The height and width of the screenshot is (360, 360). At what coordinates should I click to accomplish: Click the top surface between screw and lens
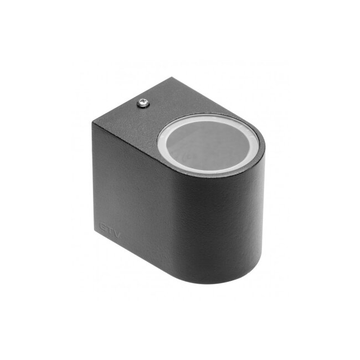161,116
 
